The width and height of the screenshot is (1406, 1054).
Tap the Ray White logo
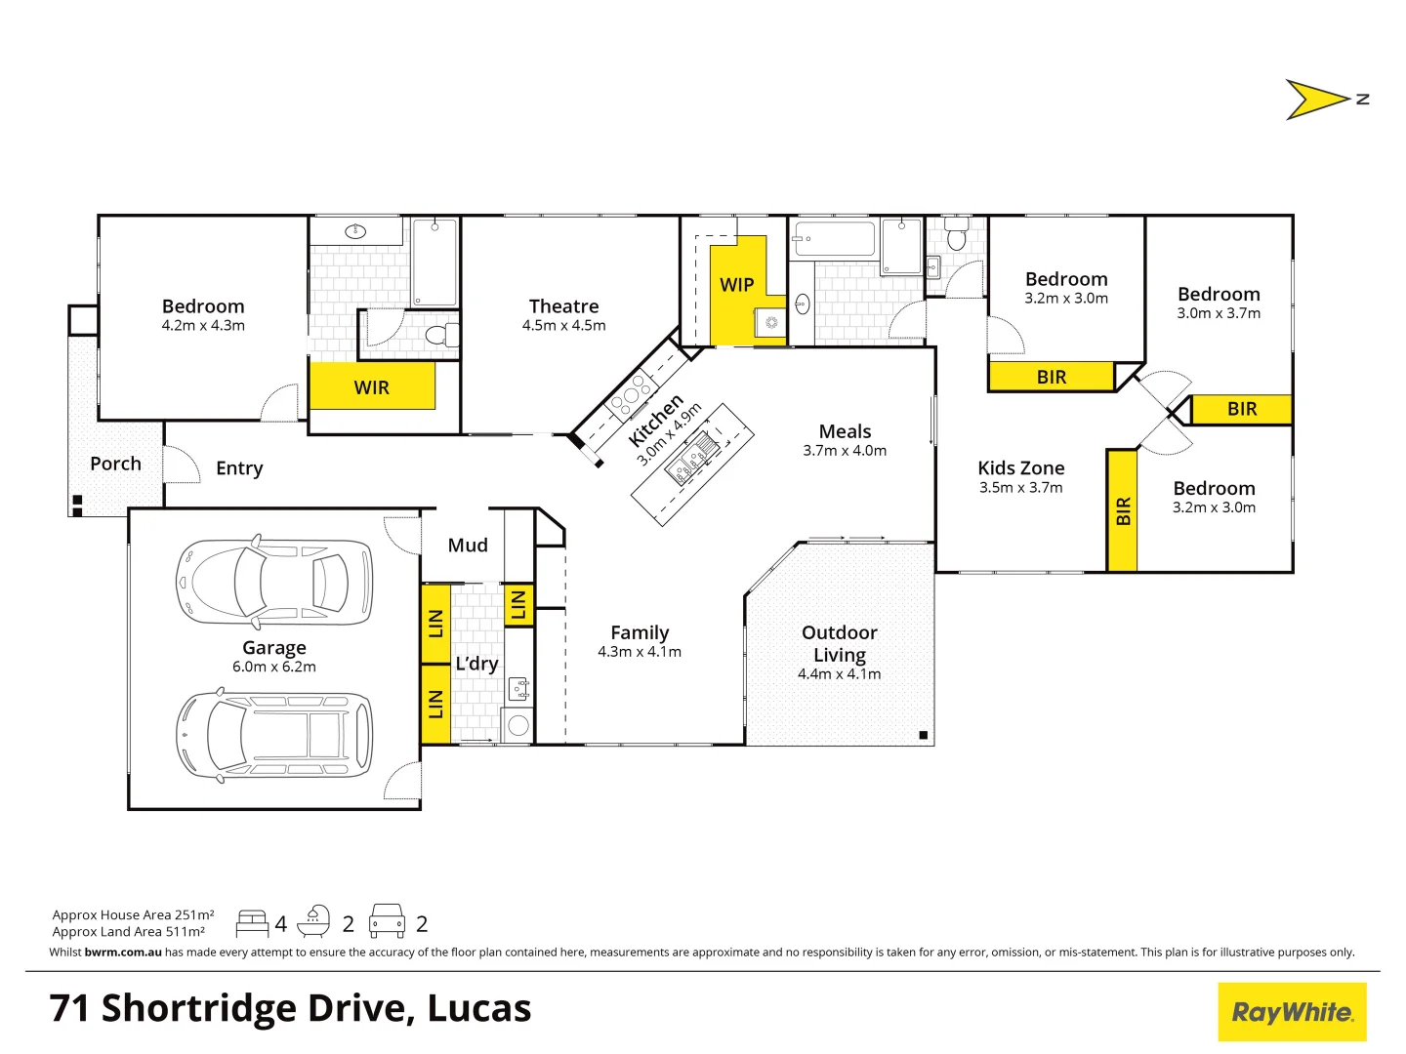tap(1292, 1012)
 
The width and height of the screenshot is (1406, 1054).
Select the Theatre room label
tap(563, 306)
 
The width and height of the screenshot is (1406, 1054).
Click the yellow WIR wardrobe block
tap(372, 386)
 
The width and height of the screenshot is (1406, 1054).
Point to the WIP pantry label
tap(737, 285)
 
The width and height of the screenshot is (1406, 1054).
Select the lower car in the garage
tap(273, 734)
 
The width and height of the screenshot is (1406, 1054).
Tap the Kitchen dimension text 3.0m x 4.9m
tap(670, 434)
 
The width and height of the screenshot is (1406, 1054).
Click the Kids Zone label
tap(1021, 468)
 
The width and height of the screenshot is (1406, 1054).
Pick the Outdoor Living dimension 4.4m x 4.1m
tap(839, 674)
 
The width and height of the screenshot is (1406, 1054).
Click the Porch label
tap(115, 464)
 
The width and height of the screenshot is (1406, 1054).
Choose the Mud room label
tap(468, 546)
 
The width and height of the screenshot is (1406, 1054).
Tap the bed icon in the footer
tap(252, 923)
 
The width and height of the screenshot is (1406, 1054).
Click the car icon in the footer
tap(387, 921)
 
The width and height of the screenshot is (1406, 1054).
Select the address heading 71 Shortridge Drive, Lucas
tap(290, 1008)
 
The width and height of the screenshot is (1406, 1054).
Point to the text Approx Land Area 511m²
tap(129, 932)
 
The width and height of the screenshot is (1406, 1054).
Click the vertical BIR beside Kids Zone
tap(1123, 510)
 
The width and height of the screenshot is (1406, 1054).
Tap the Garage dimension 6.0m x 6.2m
tap(274, 668)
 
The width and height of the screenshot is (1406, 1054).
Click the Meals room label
tap(845, 431)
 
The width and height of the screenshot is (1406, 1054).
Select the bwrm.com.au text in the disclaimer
tap(123, 953)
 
